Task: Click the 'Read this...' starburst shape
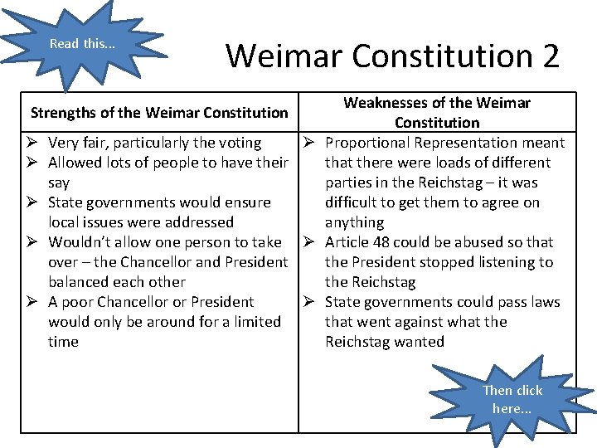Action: (82, 43)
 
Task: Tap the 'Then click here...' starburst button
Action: (512, 399)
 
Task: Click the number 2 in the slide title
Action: (550, 56)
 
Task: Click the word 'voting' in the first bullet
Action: (240, 143)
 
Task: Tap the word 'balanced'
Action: (80, 282)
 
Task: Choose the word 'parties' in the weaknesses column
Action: (350, 183)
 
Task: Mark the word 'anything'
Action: (354, 222)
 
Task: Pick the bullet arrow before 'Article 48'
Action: (312, 242)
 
